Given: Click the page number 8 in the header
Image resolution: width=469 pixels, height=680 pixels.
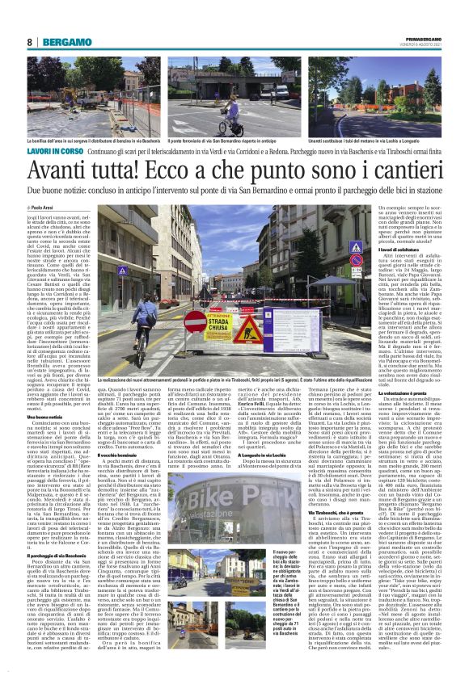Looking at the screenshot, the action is click(x=29, y=42).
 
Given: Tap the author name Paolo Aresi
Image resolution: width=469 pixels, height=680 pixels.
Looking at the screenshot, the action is click(x=48, y=208).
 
